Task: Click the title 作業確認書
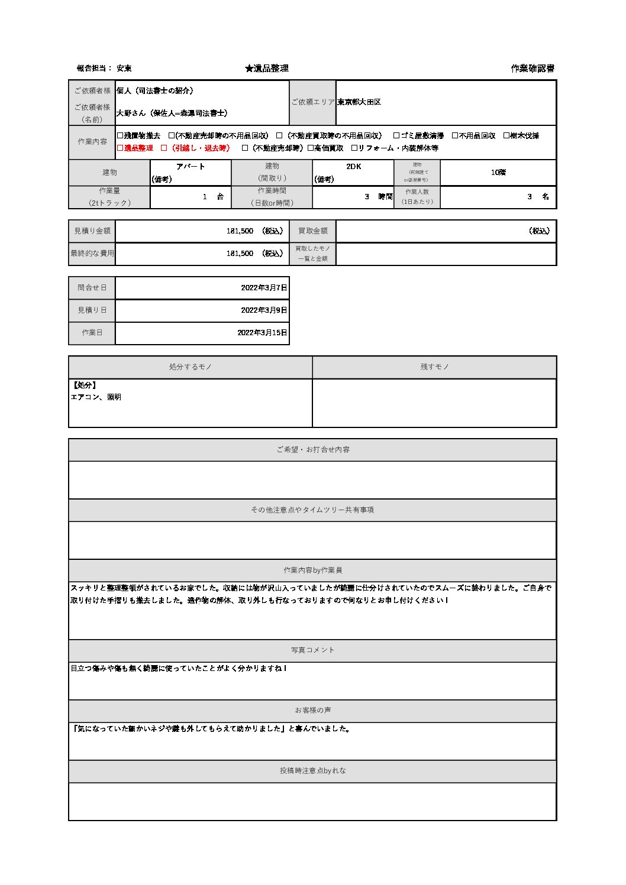coord(532,69)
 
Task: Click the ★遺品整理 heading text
coord(267,69)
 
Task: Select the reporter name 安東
coord(124,69)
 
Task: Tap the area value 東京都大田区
coord(359,102)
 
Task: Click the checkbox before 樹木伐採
coord(506,136)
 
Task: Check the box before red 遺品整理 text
coord(120,148)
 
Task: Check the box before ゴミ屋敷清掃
coord(396,136)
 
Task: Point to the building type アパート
coord(191,167)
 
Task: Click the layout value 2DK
coord(353,167)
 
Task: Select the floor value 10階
coord(498,173)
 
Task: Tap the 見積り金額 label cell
coord(92,231)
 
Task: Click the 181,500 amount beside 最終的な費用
coord(240,254)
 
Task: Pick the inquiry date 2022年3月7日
coord(264,288)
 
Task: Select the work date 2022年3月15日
coord(262,333)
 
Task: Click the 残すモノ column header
coord(434,367)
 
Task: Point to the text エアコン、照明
coord(96,397)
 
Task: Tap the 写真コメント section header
coord(312,650)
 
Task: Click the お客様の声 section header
coord(312,711)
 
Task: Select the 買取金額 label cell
coord(312,231)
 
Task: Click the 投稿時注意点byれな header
coord(312,771)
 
